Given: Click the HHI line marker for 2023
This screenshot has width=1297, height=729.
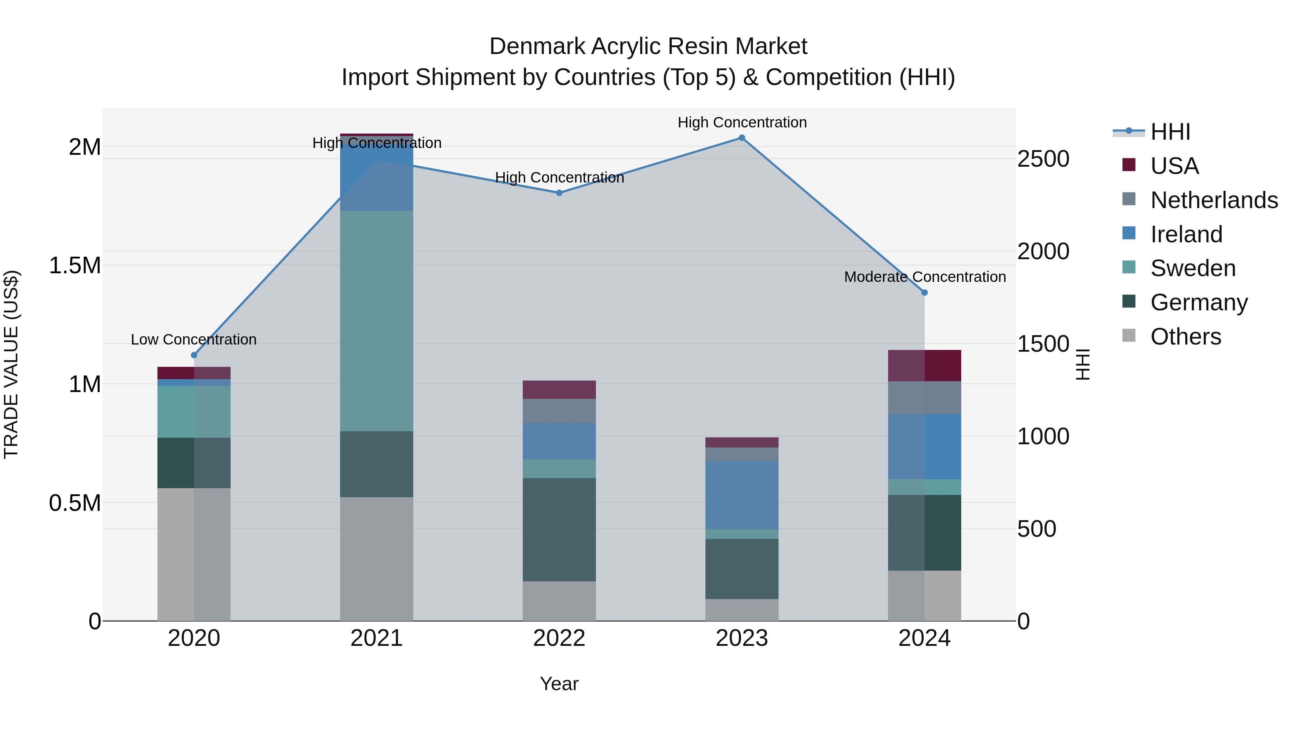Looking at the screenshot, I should point(742,138).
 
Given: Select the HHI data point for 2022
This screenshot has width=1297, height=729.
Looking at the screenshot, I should point(559,193).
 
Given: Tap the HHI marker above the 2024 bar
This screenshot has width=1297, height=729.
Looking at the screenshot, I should point(924,292).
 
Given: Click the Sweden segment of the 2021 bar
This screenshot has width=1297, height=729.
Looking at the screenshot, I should point(376,321).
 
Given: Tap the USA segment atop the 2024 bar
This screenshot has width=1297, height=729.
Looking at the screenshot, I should point(924,365).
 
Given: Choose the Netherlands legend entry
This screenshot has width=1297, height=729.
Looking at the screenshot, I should point(1214,200).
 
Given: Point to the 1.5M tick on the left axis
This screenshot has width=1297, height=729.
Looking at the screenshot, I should point(75,265).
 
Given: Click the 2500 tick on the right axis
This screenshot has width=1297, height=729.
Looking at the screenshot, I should point(1043,159).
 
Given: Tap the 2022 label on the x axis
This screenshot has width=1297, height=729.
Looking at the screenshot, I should point(559,638).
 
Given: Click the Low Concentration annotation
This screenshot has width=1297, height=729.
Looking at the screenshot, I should point(194,339).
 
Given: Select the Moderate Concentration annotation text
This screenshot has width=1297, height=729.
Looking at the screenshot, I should point(925,277).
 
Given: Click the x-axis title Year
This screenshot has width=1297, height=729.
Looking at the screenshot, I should point(559,684).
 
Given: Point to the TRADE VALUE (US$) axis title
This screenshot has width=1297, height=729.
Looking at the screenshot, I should point(11,364).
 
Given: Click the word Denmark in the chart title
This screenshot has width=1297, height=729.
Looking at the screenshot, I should point(537,46).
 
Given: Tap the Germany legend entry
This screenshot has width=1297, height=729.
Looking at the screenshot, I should point(1199,302).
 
